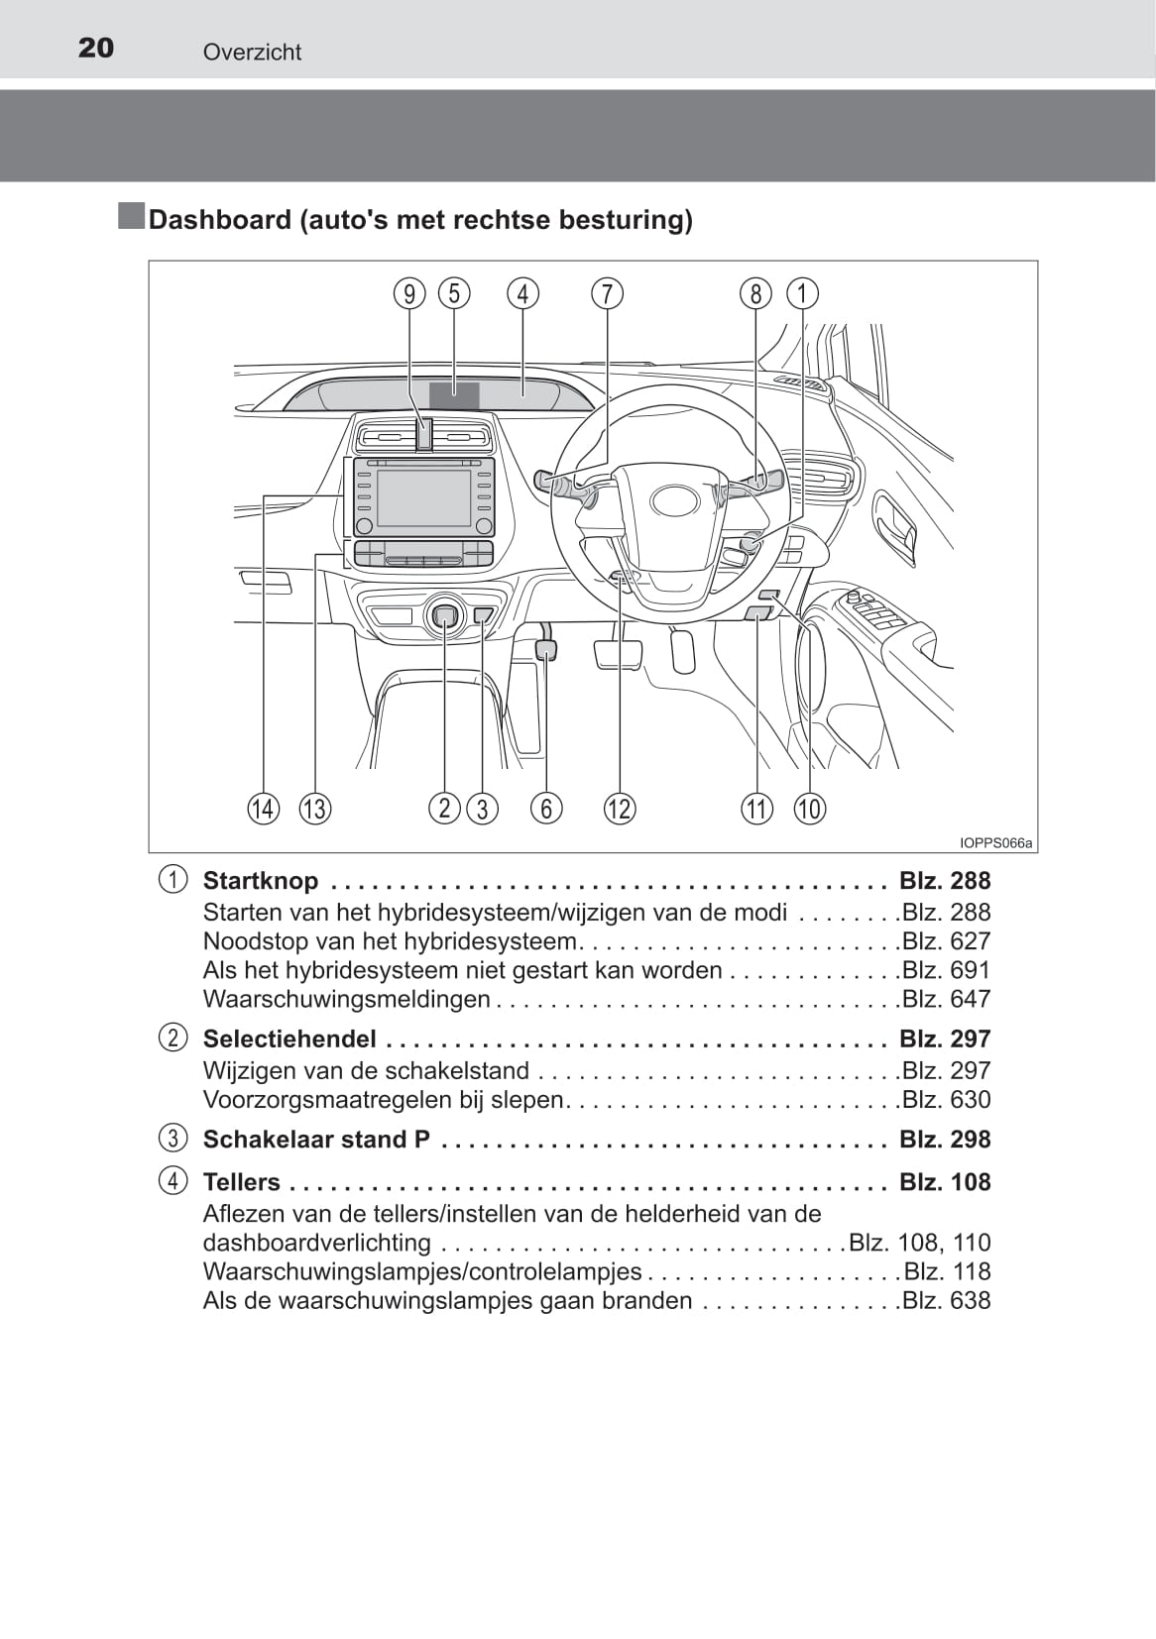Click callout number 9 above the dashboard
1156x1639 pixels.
(x=409, y=294)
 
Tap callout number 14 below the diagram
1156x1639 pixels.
(x=264, y=809)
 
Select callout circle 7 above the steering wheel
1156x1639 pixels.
(x=607, y=294)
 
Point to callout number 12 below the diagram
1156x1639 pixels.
(x=620, y=809)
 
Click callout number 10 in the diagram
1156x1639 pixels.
(x=810, y=809)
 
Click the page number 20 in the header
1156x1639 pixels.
(x=96, y=49)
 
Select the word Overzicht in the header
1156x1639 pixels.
(x=252, y=52)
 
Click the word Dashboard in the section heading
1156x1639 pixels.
(x=220, y=220)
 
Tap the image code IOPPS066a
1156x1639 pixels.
(x=995, y=843)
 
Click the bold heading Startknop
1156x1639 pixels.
(x=261, y=880)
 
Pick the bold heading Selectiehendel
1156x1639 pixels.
(x=289, y=1038)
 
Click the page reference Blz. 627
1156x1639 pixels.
(x=947, y=940)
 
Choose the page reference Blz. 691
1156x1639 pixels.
(x=947, y=969)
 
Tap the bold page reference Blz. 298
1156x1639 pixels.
(x=945, y=1140)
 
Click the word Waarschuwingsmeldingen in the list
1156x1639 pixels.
(x=346, y=999)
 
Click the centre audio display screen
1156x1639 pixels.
(x=424, y=497)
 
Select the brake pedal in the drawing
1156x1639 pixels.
(x=619, y=653)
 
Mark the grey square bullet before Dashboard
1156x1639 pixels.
(x=131, y=217)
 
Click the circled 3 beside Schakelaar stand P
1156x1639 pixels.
(x=173, y=1139)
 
